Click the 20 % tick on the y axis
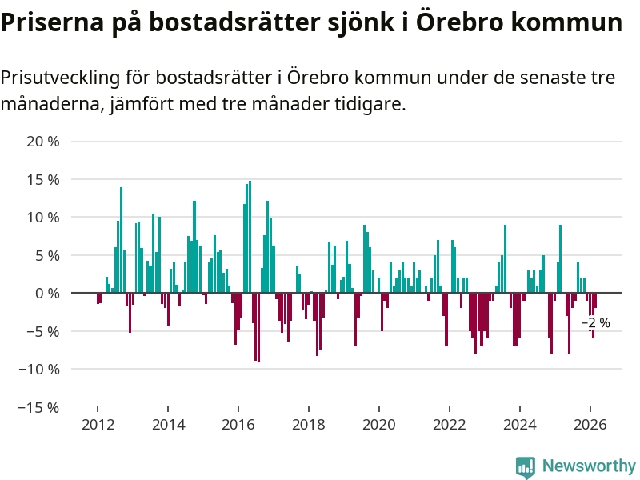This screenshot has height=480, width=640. point(43,142)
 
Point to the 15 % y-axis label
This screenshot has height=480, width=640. point(43,179)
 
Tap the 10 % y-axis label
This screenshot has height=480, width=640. point(43,218)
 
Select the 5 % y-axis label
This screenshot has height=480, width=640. point(46,255)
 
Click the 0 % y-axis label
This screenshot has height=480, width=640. point(46,294)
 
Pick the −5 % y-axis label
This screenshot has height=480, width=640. point(43,331)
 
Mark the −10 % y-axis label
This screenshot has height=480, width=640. point(40,369)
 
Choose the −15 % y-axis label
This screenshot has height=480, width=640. point(40,407)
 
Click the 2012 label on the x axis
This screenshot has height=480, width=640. point(97,424)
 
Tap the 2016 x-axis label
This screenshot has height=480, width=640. point(238,424)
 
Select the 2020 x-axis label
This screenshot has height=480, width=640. point(378,424)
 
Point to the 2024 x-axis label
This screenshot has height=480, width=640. point(519,424)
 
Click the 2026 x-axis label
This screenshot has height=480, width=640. point(590,424)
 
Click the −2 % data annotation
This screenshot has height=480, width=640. point(595,323)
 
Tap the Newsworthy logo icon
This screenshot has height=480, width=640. point(526,466)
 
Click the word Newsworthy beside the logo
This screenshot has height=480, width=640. point(589,466)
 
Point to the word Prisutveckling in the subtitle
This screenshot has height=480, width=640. point(63,78)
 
